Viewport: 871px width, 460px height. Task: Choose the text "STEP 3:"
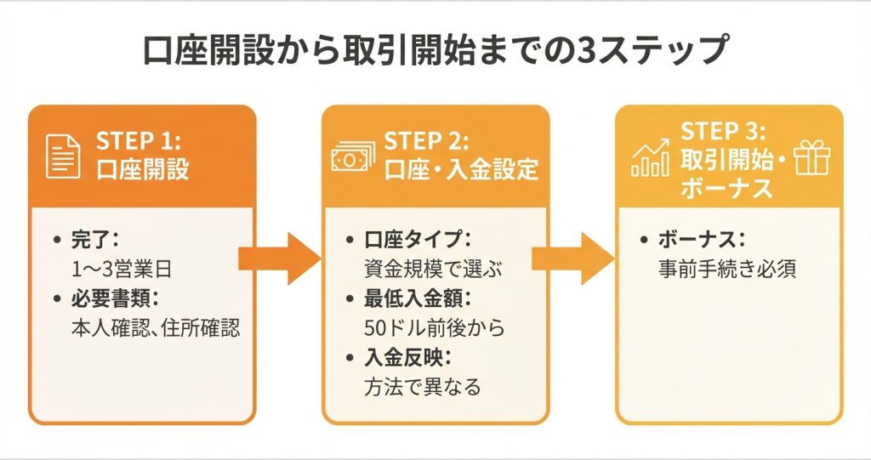[723, 132]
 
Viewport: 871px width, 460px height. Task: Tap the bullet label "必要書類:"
[116, 298]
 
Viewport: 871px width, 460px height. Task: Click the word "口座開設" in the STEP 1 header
[143, 170]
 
